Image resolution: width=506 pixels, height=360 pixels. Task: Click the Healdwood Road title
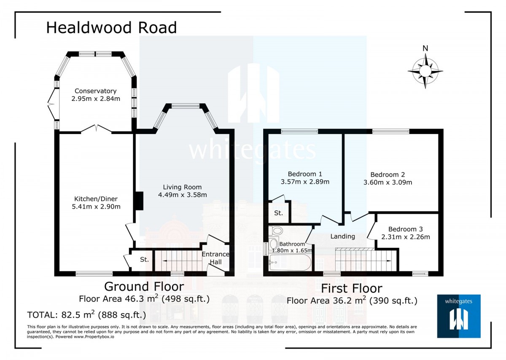click(111, 28)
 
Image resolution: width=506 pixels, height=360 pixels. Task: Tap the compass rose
click(425, 71)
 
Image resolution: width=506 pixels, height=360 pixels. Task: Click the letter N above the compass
click(425, 48)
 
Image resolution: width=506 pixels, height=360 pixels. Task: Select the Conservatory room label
click(95, 91)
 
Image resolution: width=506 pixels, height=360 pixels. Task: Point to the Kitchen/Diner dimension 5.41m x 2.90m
click(96, 207)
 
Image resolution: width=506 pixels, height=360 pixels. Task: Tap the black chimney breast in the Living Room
click(139, 201)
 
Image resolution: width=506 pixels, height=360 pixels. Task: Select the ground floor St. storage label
click(144, 260)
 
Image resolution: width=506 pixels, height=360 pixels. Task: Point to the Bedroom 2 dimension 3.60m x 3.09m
click(388, 183)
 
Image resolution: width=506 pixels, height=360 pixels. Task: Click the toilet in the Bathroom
click(277, 231)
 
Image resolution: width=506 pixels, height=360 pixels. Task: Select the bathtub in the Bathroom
click(290, 263)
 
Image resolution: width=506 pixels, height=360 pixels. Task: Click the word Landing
click(342, 236)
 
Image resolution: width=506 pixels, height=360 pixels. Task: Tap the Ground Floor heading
click(144, 287)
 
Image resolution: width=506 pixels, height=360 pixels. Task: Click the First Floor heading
click(352, 288)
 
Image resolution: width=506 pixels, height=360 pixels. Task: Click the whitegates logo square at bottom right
click(459, 316)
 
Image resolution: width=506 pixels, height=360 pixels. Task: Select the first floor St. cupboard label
click(278, 213)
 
